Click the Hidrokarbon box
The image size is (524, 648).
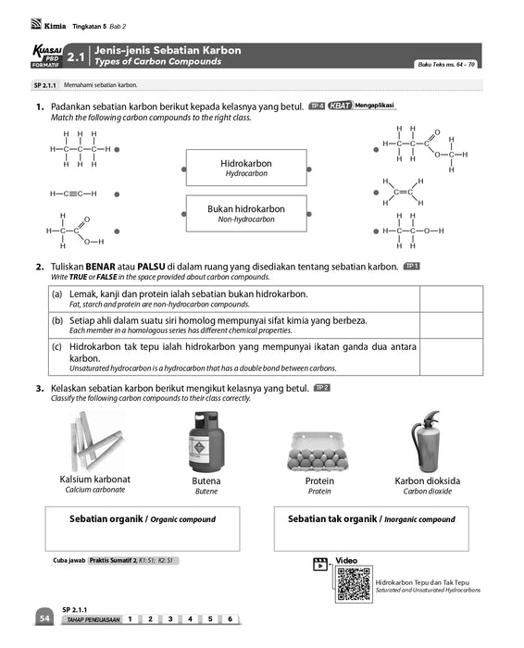246,168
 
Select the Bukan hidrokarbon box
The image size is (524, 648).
246,213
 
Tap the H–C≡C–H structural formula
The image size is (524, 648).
73,193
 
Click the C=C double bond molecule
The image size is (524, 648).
403,192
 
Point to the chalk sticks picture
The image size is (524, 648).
96,442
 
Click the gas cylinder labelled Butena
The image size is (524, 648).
206,442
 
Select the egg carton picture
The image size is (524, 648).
318,451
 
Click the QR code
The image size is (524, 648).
354,584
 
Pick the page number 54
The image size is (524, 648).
44,618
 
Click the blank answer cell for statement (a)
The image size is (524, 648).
451,299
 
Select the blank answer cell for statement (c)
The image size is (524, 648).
451,357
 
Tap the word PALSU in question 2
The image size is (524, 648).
151,267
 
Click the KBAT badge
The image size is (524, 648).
340,106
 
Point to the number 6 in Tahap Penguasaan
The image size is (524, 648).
231,619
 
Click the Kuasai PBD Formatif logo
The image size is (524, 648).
46,56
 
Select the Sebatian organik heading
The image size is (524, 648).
143,519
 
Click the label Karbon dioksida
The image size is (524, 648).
428,481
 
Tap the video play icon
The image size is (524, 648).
319,564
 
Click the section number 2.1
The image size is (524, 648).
76,56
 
